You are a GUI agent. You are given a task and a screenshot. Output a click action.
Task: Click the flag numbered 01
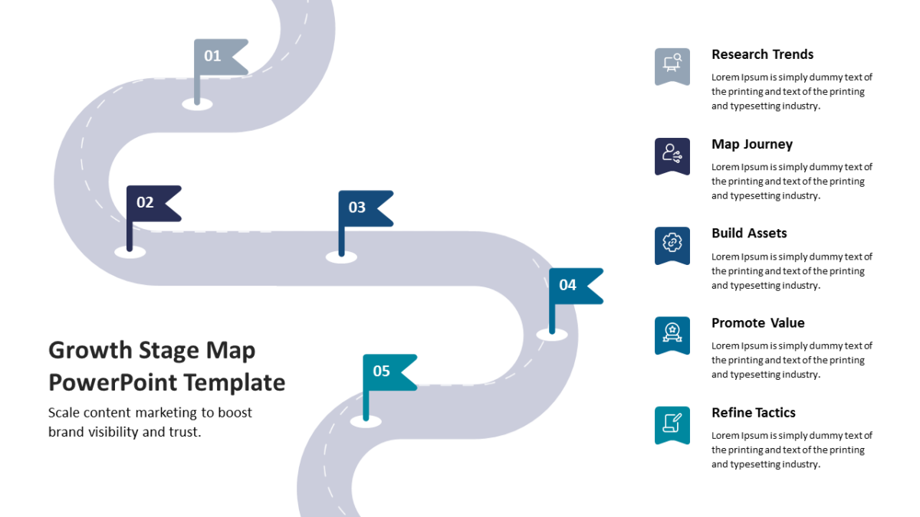pos(218,57)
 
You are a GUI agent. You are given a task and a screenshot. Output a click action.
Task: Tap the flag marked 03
pos(363,208)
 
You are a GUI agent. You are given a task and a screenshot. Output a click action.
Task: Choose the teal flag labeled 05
pos(387,372)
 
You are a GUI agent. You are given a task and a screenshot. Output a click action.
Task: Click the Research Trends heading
pos(762,54)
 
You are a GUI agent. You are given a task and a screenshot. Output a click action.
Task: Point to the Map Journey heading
pos(752,144)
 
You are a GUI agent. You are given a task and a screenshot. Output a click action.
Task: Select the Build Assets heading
pos(749,233)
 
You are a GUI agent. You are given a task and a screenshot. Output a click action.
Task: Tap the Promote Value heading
pos(757,323)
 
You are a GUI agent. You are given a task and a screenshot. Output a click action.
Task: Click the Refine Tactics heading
pos(753,412)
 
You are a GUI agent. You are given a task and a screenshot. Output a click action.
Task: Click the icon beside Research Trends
pos(672,66)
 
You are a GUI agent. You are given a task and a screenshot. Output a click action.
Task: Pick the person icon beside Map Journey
pos(672,155)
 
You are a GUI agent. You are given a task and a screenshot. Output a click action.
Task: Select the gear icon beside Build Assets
pos(672,244)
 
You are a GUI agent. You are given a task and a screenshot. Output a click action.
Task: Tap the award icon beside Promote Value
pos(672,335)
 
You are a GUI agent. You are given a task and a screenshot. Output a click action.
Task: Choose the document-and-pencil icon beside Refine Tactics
pos(672,424)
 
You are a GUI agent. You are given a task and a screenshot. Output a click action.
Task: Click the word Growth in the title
pos(90,351)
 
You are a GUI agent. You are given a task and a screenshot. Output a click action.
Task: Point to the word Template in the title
pos(234,383)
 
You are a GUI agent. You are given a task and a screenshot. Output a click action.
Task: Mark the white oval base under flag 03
pos(341,257)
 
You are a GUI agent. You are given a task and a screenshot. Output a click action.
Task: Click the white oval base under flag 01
pos(197,104)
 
